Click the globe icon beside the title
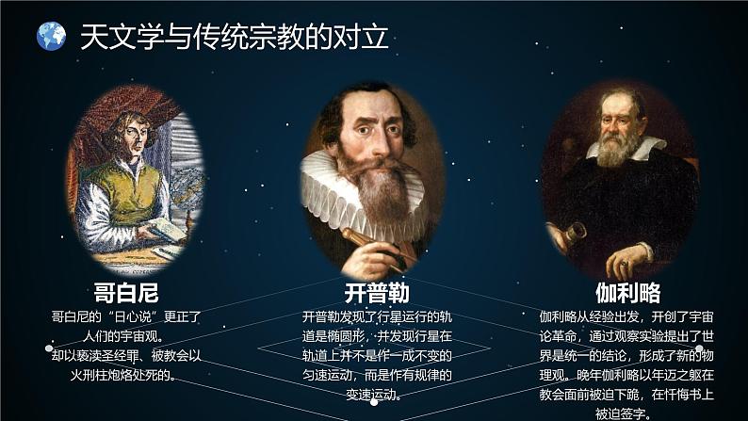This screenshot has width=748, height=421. pyautogui.click(x=52, y=36)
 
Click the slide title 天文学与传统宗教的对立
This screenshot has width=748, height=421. pyautogui.click(x=234, y=37)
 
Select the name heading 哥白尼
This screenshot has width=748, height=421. pyautogui.click(x=126, y=292)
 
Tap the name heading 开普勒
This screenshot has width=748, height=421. pyautogui.click(x=377, y=292)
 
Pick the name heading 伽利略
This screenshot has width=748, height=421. pyautogui.click(x=627, y=292)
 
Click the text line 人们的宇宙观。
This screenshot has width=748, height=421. pyautogui.click(x=126, y=336)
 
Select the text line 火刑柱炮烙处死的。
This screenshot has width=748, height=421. pyautogui.click(x=126, y=375)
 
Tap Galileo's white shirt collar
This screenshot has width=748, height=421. pyautogui.click(x=650, y=148)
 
